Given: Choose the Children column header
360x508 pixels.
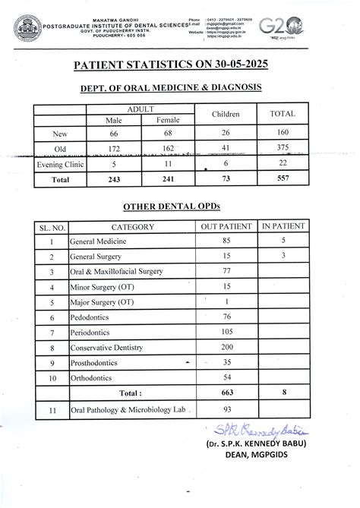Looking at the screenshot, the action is [226, 114].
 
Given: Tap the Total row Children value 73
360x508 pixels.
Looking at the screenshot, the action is [226, 180].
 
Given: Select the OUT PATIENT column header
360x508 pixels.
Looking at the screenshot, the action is [226, 227].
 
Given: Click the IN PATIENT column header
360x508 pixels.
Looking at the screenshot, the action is [283, 227].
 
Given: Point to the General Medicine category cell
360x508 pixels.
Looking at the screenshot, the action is [98, 241].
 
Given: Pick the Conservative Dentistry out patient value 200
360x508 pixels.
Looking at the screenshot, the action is [226, 347].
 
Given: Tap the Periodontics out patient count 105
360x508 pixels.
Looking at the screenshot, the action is [226, 333].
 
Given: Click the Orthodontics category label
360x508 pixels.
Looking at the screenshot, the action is [92, 377].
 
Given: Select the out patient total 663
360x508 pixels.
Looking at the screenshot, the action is [226, 393].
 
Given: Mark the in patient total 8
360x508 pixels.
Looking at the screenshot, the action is [283, 393].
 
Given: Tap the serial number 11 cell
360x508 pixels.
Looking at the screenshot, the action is [51, 412].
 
